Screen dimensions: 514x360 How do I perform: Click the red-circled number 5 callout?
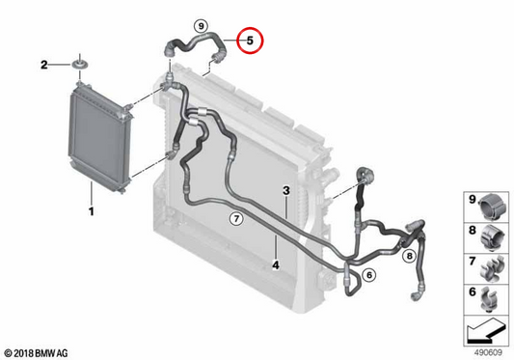pos(250,41)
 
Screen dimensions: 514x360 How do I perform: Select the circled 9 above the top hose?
pos(201,26)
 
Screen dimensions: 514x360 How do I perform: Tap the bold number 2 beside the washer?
pos(44,65)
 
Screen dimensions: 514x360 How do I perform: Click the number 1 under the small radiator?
pos(92,211)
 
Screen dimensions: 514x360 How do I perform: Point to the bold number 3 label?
pos(286,190)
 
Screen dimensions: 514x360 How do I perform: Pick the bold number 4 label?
pos(276,264)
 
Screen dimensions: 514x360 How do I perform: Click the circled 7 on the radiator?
pos(236,218)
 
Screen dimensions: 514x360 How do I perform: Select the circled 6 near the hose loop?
pos(369,275)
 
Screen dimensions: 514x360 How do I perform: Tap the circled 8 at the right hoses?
pos(410,256)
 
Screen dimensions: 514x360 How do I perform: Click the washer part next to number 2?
pos(79,64)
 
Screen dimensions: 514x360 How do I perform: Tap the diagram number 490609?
pos(488,353)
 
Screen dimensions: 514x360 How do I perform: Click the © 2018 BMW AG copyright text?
pos(36,353)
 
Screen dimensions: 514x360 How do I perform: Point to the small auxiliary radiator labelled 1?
pos(100,138)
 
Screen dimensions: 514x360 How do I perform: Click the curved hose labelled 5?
pos(196,45)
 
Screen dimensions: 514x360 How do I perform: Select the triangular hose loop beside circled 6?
pos(352,282)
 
